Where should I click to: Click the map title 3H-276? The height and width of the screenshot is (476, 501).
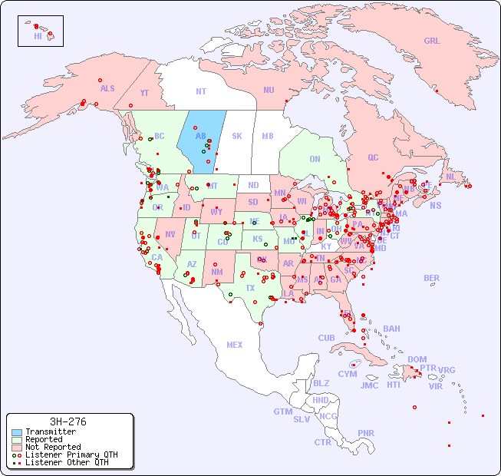pyautogui.click(x=68, y=421)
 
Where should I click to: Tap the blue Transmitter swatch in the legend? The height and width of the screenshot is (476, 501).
pyautogui.click(x=15, y=432)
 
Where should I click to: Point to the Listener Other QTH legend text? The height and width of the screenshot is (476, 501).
pyautogui.click(x=66, y=462)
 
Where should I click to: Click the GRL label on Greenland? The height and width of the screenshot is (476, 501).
pyautogui.click(x=432, y=41)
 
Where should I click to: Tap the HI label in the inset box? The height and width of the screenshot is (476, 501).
pyautogui.click(x=38, y=36)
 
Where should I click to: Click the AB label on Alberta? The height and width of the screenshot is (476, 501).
pyautogui.click(x=200, y=137)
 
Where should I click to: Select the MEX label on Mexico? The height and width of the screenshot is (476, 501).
pyautogui.click(x=234, y=345)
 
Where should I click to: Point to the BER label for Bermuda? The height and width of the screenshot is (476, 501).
pyautogui.click(x=431, y=278)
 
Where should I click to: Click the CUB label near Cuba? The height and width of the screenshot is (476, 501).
pyautogui.click(x=326, y=338)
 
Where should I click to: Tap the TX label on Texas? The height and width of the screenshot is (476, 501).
pyautogui.click(x=250, y=288)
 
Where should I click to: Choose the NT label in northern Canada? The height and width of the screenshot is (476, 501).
pyautogui.click(x=200, y=91)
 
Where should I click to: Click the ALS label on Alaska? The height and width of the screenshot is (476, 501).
pyautogui.click(x=107, y=88)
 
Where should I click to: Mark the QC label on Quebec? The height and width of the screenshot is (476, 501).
pyautogui.click(x=373, y=157)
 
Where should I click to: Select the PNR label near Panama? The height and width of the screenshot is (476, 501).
pyautogui.click(x=366, y=433)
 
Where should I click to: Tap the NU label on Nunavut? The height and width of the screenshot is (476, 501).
pyautogui.click(x=269, y=90)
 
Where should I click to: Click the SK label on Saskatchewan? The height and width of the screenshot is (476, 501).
pyautogui.click(x=236, y=136)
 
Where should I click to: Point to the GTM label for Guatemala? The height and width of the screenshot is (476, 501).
pyautogui.click(x=282, y=412)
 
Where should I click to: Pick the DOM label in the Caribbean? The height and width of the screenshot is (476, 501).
pyautogui.click(x=417, y=359)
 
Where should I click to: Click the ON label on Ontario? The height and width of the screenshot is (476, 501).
pyautogui.click(x=315, y=159)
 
